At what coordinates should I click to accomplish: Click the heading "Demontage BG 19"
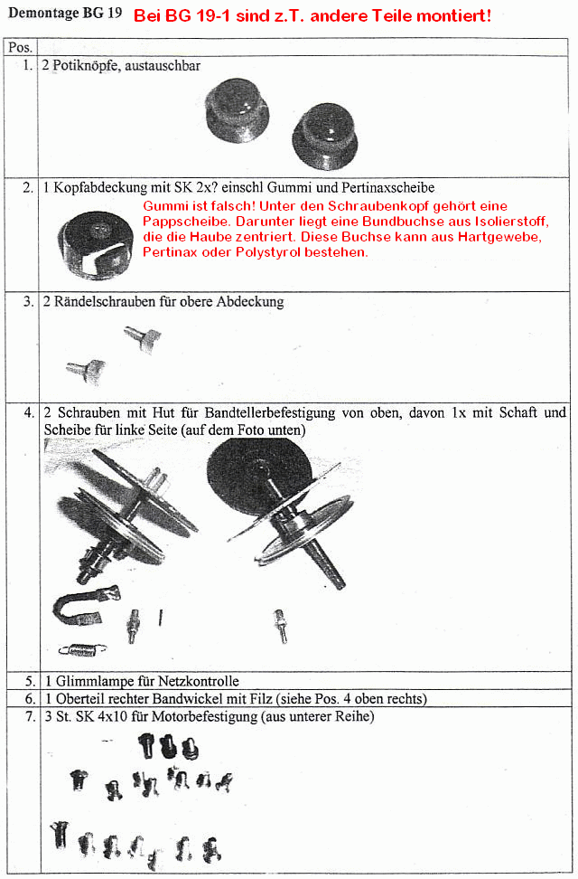coord(64,15)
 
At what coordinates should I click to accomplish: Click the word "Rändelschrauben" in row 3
coord(105,302)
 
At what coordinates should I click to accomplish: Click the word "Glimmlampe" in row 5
coord(89,681)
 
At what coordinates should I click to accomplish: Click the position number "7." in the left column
coord(29,717)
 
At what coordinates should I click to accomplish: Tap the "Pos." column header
coord(21,46)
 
